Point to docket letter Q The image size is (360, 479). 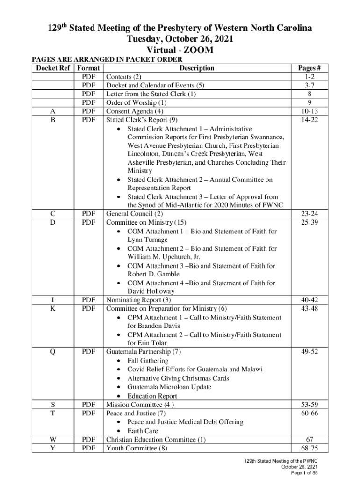point(53,352)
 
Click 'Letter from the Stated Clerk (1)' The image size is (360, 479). point(151,94)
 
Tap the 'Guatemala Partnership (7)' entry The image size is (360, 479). point(144,352)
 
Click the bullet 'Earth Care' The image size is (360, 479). point(143,431)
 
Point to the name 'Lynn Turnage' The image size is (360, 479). point(147,239)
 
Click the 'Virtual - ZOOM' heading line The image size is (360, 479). point(180,50)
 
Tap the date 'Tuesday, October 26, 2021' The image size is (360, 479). point(180,39)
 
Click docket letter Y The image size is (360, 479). point(53,449)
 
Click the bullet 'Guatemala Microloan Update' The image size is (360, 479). point(169,387)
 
